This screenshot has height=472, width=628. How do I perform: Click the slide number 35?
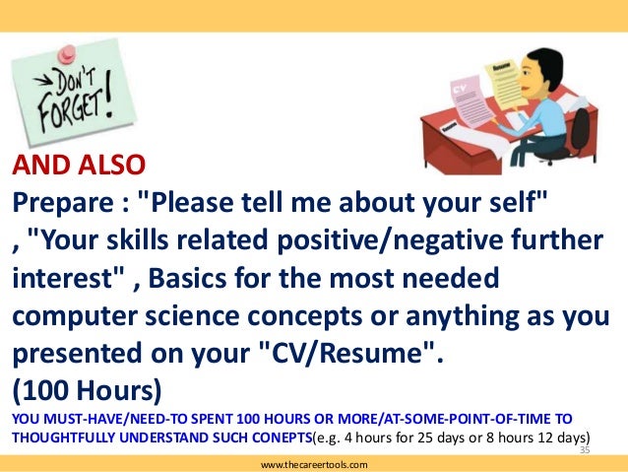point(584,449)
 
